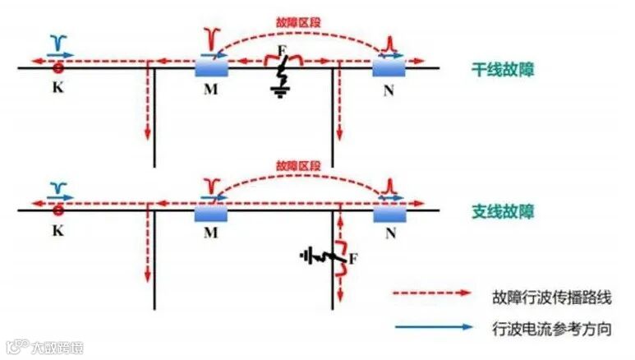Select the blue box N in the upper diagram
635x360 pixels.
pyautogui.click(x=389, y=67)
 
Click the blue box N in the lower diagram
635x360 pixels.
pyautogui.click(x=389, y=211)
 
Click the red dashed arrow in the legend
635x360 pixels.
pyautogui.click(x=433, y=293)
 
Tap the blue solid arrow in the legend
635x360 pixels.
pyautogui.click(x=433, y=326)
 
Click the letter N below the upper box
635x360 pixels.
pyautogui.click(x=389, y=90)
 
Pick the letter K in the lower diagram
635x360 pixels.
pyautogui.click(x=58, y=233)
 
